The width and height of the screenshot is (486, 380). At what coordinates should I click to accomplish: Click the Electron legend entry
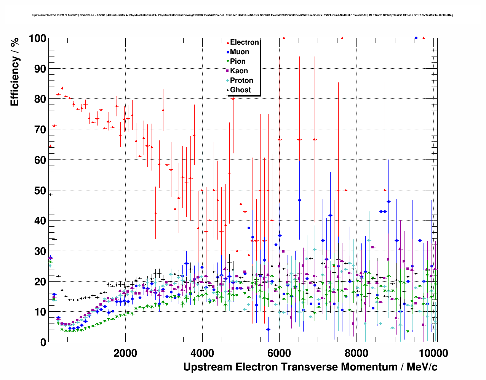244,42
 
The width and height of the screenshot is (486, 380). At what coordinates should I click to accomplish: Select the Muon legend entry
239,52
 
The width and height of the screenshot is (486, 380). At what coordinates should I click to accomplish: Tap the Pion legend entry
237,61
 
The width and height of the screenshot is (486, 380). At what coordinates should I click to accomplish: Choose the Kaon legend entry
238,71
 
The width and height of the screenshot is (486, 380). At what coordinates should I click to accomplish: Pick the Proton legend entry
241,81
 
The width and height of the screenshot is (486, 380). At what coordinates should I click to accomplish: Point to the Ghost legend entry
240,90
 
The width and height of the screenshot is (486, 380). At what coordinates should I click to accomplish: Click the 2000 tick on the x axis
125,353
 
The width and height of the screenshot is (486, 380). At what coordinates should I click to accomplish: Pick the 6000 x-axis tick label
279,353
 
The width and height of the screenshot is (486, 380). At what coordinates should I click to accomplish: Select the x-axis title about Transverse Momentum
310,367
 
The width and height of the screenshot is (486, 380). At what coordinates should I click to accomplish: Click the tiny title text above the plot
243,15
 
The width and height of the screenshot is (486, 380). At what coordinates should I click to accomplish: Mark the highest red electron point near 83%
62,88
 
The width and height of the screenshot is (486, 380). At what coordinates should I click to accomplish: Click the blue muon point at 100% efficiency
416,38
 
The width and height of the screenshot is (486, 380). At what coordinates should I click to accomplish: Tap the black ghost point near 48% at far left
50,195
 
